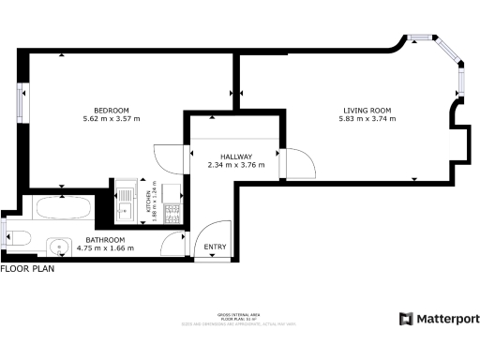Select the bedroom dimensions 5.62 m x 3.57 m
pyautogui.click(x=111, y=119)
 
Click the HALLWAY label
pyautogui.click(x=235, y=157)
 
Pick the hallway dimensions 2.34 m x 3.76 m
pyautogui.click(x=235, y=166)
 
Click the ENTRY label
pyautogui.click(x=216, y=247)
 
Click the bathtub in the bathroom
pyautogui.click(x=62, y=207)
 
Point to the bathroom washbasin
pyautogui.click(x=58, y=248)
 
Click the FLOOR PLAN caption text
pyautogui.click(x=27, y=269)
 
